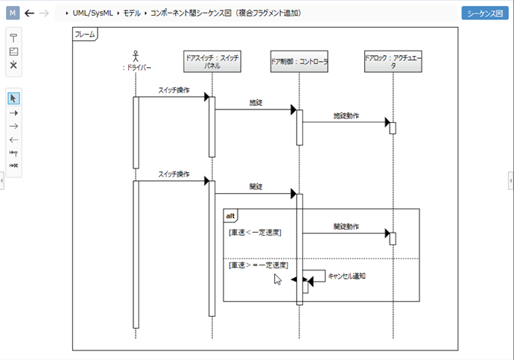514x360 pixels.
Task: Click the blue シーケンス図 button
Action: click(x=485, y=13)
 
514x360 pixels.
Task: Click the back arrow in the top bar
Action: click(x=30, y=13)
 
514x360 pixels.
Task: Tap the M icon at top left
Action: click(x=13, y=13)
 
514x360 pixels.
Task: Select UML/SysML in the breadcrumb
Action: click(x=93, y=13)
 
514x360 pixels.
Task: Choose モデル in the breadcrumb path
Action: click(x=131, y=13)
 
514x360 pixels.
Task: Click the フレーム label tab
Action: click(x=84, y=34)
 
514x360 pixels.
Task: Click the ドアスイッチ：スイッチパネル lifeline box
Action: click(x=212, y=61)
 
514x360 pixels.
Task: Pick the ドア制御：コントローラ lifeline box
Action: click(x=299, y=61)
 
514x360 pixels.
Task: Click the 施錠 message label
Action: click(x=256, y=102)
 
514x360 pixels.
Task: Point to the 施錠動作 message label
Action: click(x=346, y=116)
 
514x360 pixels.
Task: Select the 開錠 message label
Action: click(x=256, y=186)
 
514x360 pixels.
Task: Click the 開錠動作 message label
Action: click(x=346, y=226)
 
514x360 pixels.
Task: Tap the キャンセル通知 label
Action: click(x=346, y=276)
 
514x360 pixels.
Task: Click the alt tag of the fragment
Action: click(x=232, y=215)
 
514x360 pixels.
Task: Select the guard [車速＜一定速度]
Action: click(x=255, y=233)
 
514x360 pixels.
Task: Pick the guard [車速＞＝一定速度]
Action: click(x=258, y=265)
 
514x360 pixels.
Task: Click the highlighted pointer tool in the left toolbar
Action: click(x=13, y=98)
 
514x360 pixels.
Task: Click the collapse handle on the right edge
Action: click(x=510, y=180)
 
